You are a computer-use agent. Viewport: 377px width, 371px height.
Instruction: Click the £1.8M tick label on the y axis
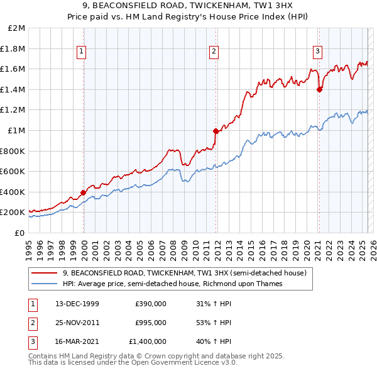14,48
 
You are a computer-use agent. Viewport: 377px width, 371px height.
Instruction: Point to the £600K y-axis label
13,171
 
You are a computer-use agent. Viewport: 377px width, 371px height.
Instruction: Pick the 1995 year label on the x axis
29,245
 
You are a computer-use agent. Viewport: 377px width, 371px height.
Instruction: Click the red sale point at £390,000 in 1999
84,193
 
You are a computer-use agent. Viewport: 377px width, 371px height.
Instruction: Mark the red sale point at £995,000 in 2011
216,131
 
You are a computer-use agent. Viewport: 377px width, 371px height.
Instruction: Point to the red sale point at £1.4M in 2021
319,89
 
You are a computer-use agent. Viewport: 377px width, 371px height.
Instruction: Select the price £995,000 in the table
151,323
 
